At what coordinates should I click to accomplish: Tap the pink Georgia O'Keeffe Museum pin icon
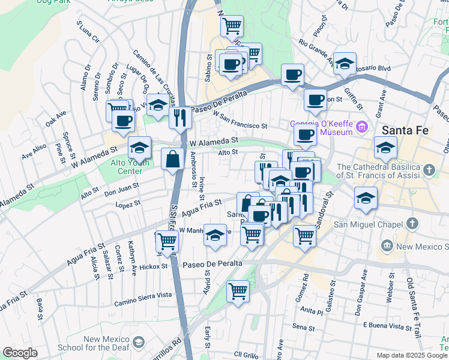361,127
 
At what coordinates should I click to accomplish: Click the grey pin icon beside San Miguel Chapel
411,224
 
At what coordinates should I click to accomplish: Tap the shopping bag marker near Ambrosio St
173,160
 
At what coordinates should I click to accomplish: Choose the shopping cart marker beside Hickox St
167,241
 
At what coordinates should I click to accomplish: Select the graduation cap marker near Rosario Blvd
345,63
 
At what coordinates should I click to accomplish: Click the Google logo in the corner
20,353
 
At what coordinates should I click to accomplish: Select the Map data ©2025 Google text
412,355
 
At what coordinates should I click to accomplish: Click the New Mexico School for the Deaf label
107,343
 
